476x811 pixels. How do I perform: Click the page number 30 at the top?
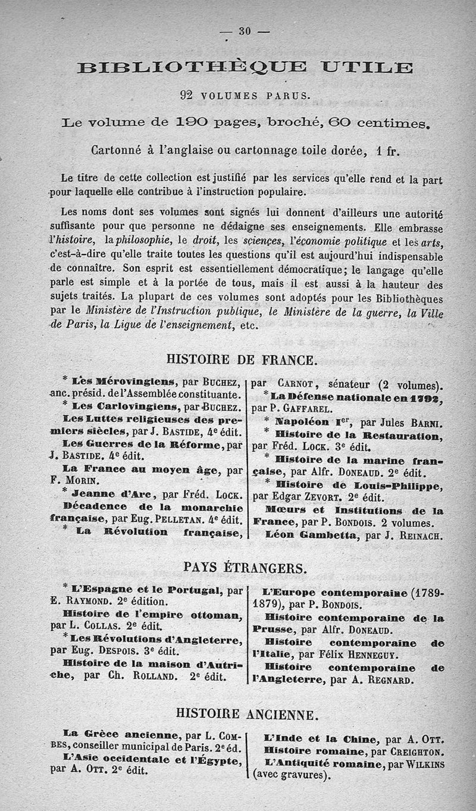coord(245,32)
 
